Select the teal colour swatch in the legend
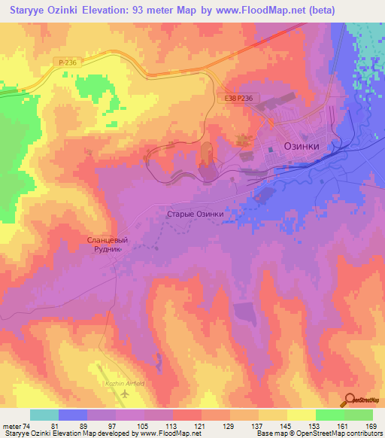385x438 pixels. pos(44,415)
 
